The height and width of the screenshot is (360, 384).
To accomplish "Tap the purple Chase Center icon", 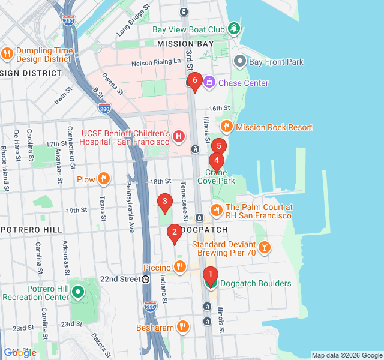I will [x=209, y=83].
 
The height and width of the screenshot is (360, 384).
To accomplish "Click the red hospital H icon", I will [x=178, y=137].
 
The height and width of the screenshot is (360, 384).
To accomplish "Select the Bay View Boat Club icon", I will [x=233, y=28].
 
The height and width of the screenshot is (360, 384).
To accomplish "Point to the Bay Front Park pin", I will [x=240, y=61].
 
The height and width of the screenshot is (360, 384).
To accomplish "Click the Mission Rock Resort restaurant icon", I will [x=226, y=127].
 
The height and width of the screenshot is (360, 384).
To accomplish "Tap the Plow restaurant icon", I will [x=104, y=179].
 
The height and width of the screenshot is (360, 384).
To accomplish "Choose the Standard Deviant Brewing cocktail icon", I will [x=264, y=247].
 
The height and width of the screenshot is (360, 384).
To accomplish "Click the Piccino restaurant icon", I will [x=179, y=266].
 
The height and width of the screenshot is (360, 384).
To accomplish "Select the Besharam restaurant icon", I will [x=183, y=327].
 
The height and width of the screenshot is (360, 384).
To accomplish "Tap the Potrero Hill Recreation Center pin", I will [x=78, y=292].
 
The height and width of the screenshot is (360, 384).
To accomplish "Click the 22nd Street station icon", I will [x=146, y=279].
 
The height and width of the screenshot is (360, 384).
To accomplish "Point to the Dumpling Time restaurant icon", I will [x=7, y=54].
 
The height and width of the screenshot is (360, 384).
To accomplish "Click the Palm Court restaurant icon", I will [x=216, y=210].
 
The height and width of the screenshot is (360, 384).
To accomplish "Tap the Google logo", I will [x=20, y=353].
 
